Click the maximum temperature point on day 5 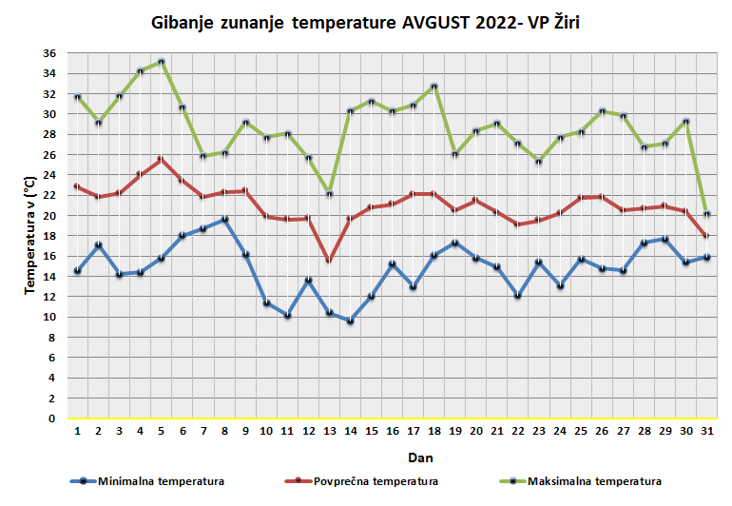click(x=162, y=62)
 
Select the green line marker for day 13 click(x=330, y=194)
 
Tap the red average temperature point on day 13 click(x=330, y=261)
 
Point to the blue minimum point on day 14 click(x=351, y=321)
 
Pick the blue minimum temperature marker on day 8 click(x=224, y=220)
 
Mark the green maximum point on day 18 click(x=434, y=87)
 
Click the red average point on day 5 click(x=162, y=160)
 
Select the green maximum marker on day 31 click(x=706, y=214)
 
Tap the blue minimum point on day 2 click(x=99, y=245)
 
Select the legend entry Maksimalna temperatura click(x=594, y=481)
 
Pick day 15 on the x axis click(x=372, y=431)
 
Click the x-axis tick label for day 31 click(x=706, y=431)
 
